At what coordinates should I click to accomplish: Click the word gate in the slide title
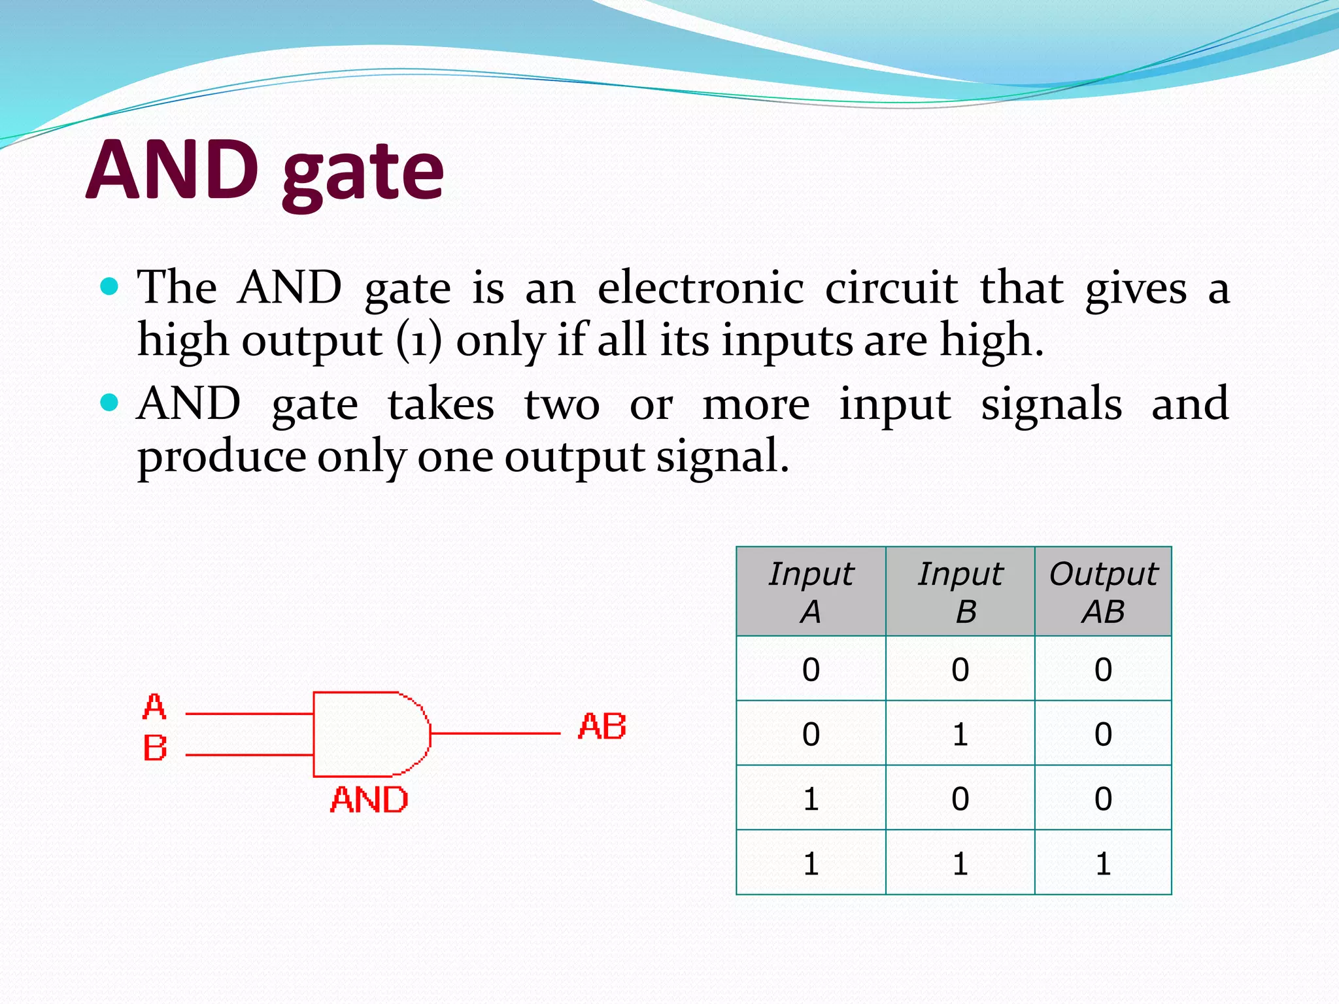[364, 173]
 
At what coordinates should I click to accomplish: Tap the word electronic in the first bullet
[700, 288]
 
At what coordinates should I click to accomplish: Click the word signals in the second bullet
[1051, 405]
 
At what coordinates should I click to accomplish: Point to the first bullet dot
[110, 286]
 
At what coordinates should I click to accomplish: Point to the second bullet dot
[110, 402]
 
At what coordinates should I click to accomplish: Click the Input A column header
[811, 592]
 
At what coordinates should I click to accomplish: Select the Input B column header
[960, 592]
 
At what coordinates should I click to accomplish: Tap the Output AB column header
[1103, 592]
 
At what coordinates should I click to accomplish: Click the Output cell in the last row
[1103, 863]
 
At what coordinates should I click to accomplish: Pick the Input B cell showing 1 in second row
[960, 734]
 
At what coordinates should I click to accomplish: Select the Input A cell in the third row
[811, 799]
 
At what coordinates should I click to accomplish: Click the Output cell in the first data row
[1103, 669]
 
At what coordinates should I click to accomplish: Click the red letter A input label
[154, 707]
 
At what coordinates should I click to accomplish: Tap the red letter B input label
[155, 748]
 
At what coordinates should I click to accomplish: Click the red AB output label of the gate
[602, 727]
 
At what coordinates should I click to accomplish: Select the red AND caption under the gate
[369, 800]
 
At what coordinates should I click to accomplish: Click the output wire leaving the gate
[495, 733]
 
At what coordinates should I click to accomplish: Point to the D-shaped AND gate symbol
[369, 734]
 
